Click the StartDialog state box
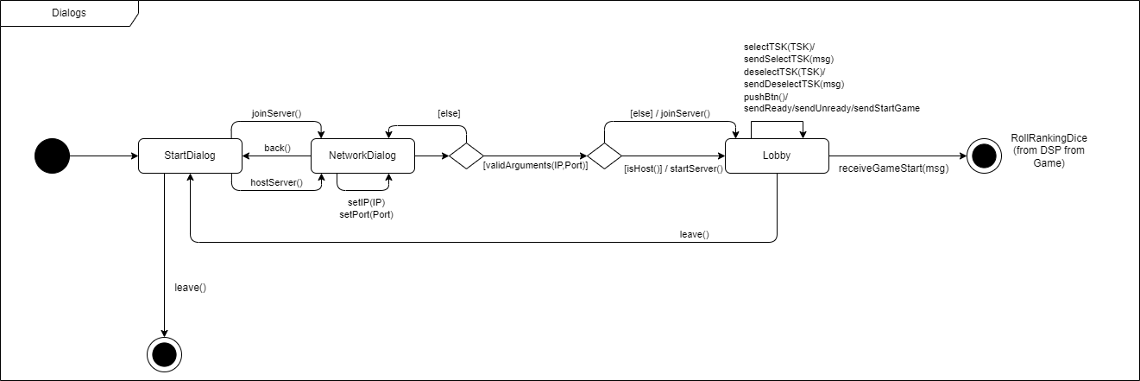click(189, 156)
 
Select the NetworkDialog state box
click(362, 156)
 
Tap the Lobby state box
click(777, 156)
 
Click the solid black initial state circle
click(52, 156)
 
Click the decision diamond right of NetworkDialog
click(466, 156)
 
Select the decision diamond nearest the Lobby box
click(604, 156)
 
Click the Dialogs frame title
click(68, 14)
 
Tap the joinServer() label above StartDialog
click(275, 113)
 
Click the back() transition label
click(277, 148)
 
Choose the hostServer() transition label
click(276, 182)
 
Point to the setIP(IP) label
click(366, 201)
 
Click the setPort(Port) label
click(366, 214)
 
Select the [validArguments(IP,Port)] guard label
click(535, 165)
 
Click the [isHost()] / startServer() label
click(673, 168)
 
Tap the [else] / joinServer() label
click(669, 113)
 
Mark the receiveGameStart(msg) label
click(893, 168)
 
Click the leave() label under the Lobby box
click(694, 234)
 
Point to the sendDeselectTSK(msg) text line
click(793, 84)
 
